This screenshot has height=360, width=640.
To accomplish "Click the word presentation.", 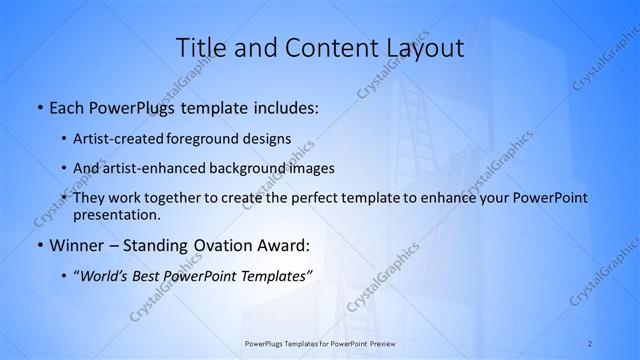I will click(x=116, y=215).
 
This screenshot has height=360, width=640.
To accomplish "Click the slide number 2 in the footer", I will click(x=590, y=343).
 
